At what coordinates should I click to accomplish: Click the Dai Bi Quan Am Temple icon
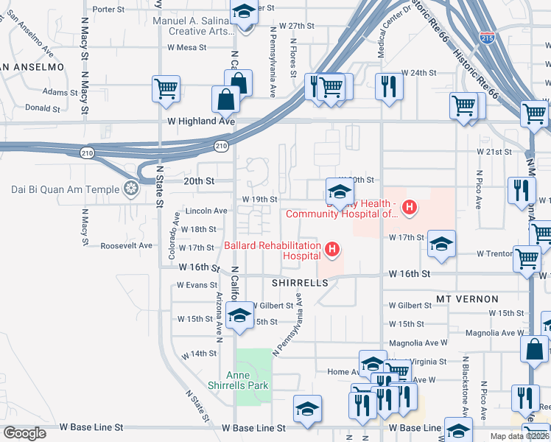131,189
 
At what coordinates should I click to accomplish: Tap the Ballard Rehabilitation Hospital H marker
332,250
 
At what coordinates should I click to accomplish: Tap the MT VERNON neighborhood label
467,299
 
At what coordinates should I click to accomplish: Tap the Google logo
24,433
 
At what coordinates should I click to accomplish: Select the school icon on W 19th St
338,192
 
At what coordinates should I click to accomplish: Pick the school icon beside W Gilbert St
238,315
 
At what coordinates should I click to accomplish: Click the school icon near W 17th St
441,243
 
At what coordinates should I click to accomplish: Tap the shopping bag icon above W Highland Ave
225,99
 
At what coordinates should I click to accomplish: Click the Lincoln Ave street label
206,211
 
